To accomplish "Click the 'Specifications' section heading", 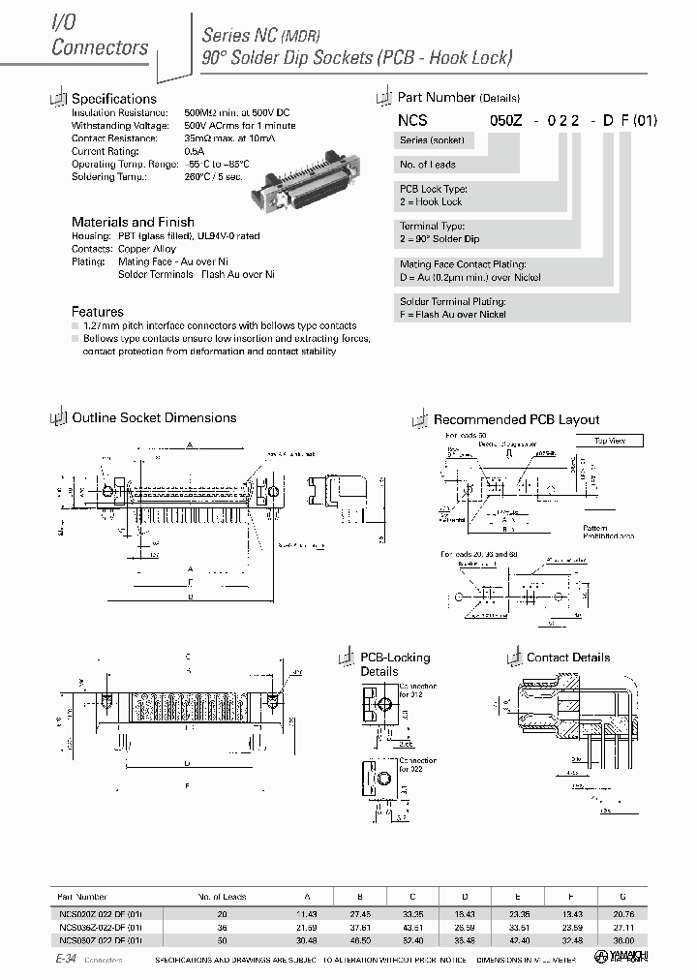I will click(x=113, y=99).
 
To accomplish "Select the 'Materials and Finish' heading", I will click(x=133, y=222).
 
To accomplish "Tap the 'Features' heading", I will click(x=98, y=312).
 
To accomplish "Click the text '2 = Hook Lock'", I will click(x=432, y=201).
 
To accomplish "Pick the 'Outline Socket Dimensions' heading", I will click(x=154, y=418).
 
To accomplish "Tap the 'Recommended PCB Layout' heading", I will click(x=516, y=420).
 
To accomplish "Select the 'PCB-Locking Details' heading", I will click(x=395, y=664).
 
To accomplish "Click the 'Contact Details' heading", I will click(x=567, y=658).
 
